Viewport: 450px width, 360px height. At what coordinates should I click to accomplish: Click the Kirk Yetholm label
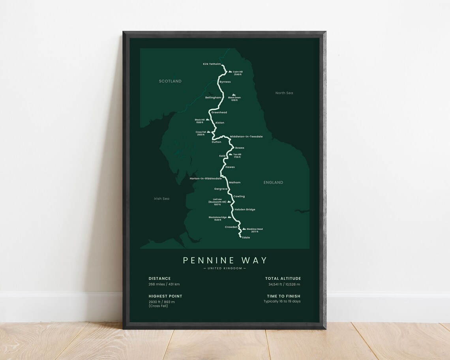coord(212,64)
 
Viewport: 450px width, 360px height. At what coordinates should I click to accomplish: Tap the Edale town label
coord(246,238)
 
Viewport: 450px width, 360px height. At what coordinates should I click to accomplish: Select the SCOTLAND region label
coord(170,81)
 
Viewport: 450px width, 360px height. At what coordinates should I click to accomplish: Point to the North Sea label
coord(284,93)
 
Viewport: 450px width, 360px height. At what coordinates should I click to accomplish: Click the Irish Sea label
coord(161,199)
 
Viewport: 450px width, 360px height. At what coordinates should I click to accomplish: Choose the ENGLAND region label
coord(273,183)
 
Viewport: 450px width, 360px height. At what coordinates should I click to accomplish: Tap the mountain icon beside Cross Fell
coord(208,132)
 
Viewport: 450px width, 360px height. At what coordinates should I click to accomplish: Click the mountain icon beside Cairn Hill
coord(230,72)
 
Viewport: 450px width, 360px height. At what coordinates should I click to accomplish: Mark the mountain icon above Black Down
coord(234,95)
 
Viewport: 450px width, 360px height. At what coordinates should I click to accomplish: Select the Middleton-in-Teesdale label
coord(246,137)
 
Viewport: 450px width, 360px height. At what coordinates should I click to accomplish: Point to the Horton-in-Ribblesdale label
coord(206,178)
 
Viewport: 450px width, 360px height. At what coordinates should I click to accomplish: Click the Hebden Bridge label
coord(245,210)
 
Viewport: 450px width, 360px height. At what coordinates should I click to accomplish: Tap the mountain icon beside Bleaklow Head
coord(244,229)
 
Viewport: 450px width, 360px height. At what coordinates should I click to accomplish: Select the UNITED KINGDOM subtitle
coord(225,268)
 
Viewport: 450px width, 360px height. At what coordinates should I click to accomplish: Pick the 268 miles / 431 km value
coord(164,284)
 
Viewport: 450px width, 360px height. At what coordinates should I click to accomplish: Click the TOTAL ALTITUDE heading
coord(283,279)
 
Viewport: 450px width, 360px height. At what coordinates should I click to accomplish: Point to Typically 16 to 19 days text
coord(282,302)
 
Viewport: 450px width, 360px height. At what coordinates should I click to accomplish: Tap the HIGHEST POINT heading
coord(165,296)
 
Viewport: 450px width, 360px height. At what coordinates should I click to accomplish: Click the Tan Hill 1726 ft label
coord(237,156)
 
